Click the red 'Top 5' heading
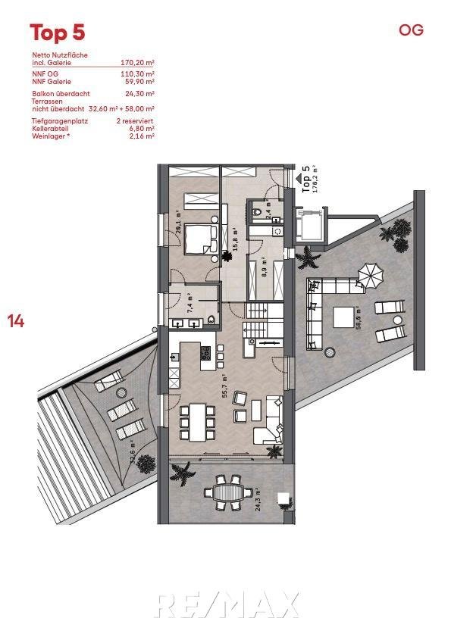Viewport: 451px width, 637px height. pyautogui.click(x=58, y=33)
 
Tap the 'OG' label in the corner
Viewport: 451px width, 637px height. pyautogui.click(x=411, y=30)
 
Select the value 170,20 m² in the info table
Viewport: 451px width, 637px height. pyautogui.click(x=137, y=63)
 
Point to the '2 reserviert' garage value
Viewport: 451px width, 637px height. pyautogui.click(x=135, y=120)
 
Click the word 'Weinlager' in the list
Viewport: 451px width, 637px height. pyautogui.click(x=49, y=136)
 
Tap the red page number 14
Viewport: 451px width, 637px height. pyautogui.click(x=16, y=321)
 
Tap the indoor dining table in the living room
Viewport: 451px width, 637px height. pyautogui.click(x=198, y=423)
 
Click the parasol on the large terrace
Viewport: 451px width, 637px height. pyautogui.click(x=371, y=276)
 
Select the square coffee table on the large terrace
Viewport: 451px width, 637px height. pyautogui.click(x=343, y=317)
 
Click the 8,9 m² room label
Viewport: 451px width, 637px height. pyautogui.click(x=264, y=267)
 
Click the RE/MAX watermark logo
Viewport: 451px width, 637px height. pyautogui.click(x=227, y=605)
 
